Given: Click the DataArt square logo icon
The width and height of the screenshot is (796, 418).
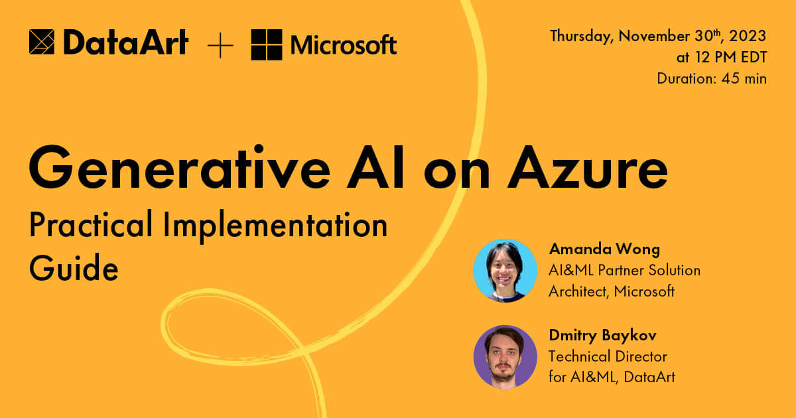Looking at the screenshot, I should (42, 42).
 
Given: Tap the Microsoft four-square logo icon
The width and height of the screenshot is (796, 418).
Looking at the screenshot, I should (266, 44).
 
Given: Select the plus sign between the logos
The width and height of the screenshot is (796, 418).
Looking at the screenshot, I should (220, 45).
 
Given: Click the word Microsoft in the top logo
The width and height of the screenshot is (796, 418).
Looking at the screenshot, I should (344, 45).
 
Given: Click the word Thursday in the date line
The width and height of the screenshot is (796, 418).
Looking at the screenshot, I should (581, 36).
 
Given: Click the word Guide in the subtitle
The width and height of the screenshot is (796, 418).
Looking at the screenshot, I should (74, 269).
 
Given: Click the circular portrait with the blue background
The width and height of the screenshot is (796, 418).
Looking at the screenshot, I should (505, 271).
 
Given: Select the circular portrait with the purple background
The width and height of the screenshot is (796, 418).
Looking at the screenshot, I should (505, 356).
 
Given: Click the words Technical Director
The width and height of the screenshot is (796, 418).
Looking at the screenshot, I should (608, 356).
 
